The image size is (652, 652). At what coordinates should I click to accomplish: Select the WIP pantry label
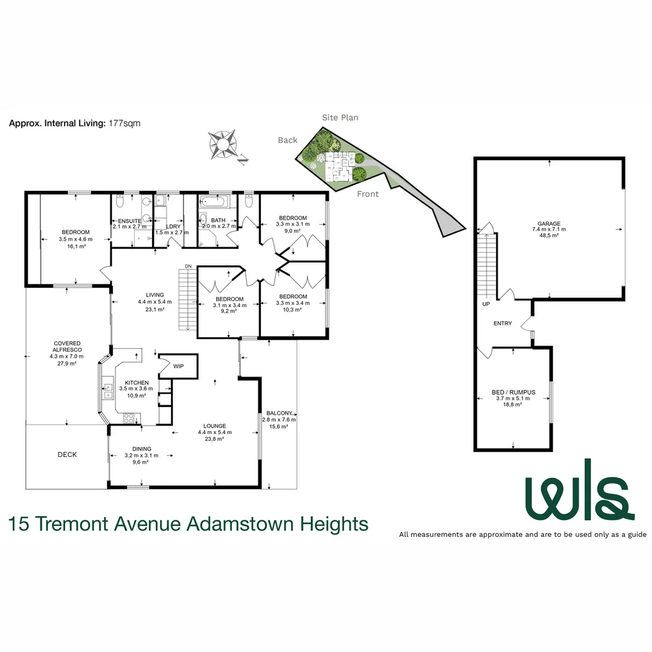tap(179, 366)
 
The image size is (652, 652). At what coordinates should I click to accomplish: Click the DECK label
tap(67, 455)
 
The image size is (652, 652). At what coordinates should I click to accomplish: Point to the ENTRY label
tap(502, 324)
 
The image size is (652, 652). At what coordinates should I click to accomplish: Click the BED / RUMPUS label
tap(513, 392)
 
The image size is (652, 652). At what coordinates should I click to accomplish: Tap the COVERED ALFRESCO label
tap(66, 347)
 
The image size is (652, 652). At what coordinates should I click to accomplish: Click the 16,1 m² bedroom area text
tap(75, 246)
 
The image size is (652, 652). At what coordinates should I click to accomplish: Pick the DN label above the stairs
tap(188, 266)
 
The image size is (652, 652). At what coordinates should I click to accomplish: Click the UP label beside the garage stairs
tap(486, 304)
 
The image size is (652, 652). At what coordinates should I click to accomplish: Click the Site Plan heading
tap(340, 118)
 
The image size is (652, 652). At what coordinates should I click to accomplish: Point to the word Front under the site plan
tap(368, 194)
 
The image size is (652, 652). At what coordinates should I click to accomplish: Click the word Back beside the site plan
tap(287, 140)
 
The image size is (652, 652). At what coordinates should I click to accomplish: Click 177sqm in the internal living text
tap(124, 123)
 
